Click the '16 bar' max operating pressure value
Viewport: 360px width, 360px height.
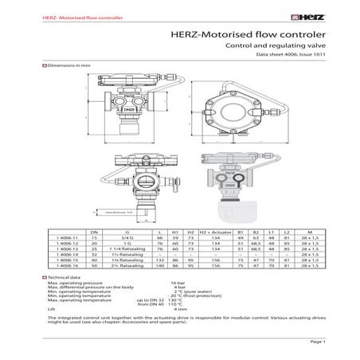(179, 283)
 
